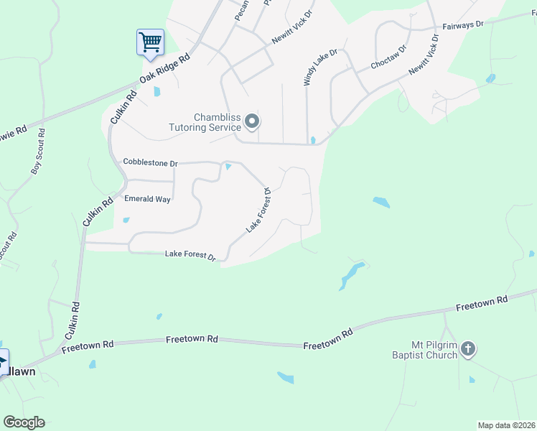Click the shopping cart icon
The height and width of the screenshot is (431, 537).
point(151,42)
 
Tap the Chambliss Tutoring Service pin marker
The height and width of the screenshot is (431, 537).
point(251,122)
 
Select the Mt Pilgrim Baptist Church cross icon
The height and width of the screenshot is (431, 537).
point(467,350)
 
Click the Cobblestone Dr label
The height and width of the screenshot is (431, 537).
point(149,163)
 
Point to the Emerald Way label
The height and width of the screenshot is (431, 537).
point(147,199)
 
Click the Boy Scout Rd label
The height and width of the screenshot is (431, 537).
point(37,152)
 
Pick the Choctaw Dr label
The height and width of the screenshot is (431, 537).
point(388,57)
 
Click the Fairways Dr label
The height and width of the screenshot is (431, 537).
point(463,24)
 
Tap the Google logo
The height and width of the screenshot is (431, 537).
point(24,422)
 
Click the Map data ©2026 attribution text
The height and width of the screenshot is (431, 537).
point(506,425)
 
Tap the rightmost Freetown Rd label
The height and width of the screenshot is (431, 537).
point(482,303)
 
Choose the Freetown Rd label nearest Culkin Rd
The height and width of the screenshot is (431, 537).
point(88,346)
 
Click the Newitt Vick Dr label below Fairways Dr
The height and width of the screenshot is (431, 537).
point(424,55)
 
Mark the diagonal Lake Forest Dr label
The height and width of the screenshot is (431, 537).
point(258,210)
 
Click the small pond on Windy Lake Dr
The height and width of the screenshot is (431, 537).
point(313,139)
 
